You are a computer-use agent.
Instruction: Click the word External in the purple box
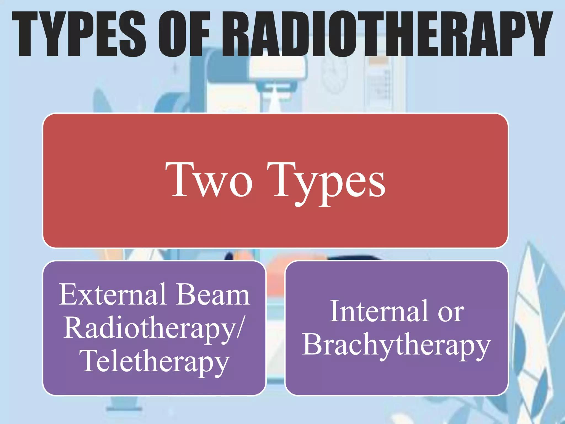[113, 295]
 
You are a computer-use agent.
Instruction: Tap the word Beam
[213, 295]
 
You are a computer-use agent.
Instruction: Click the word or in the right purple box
[451, 313]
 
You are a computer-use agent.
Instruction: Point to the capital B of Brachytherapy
[313, 344]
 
